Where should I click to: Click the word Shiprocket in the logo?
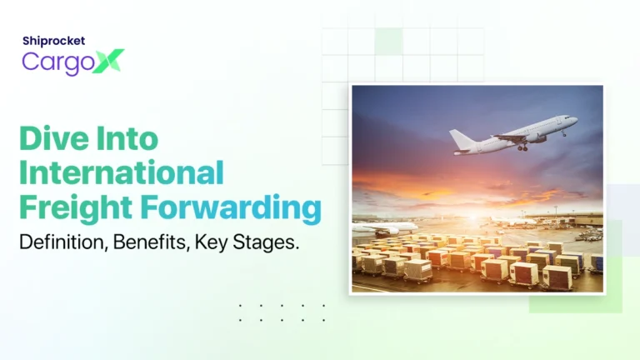[53, 40]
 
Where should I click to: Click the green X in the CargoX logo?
[108, 60]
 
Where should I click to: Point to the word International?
[122, 172]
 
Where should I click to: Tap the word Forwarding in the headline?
[234, 207]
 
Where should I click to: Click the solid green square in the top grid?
[388, 41]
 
